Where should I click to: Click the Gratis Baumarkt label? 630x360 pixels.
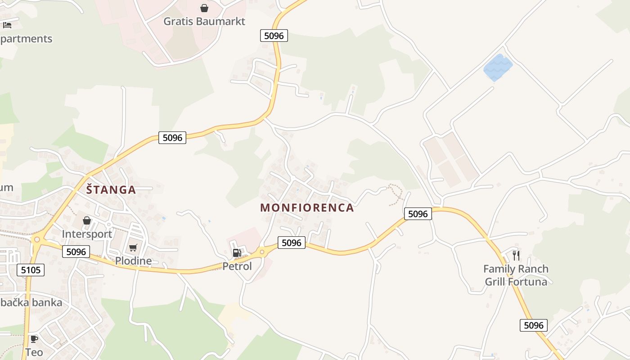coord(204,21)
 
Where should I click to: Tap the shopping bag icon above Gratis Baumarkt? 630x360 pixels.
coord(204,8)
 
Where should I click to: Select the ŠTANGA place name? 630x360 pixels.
coord(111,189)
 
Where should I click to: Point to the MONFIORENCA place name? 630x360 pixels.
coord(307,207)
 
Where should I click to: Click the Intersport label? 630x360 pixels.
coord(87,234)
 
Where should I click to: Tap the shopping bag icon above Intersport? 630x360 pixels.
coord(87,220)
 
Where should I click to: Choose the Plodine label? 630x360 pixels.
coord(133,261)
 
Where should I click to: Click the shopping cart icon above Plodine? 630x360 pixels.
coord(133,247)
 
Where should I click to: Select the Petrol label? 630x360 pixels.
coord(237,266)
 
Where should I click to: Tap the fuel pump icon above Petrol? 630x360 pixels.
coord(237,253)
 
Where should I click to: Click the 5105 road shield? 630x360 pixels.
coord(31,270)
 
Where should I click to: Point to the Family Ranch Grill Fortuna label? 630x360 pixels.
coord(516,275)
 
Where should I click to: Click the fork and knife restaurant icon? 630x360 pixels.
coord(516,256)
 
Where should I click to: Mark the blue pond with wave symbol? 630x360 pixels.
coord(498,67)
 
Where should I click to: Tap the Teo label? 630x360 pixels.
coord(34,352)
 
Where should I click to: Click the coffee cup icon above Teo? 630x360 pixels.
coord(34,339)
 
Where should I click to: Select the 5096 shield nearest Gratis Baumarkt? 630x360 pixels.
coord(274,36)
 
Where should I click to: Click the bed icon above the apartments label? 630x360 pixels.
coord(7,25)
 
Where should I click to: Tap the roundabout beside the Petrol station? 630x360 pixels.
coord(262,252)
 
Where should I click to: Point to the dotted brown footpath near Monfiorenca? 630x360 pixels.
coord(396,193)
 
